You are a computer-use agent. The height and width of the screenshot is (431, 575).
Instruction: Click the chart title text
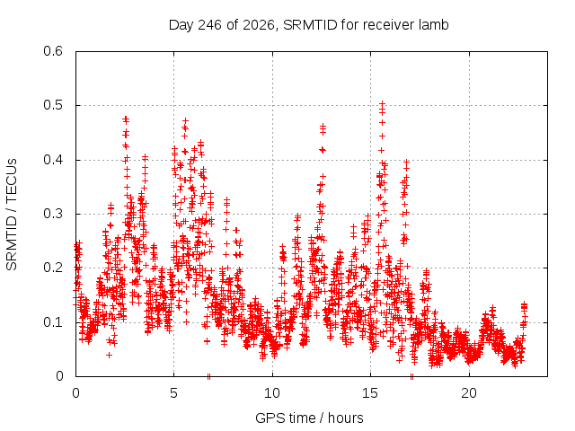coord(308,25)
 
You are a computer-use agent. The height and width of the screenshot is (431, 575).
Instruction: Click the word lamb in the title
coord(434,24)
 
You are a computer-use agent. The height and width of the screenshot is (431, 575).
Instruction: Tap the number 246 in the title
coord(209,25)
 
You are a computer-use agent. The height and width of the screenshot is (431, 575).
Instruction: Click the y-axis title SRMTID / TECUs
coord(12,215)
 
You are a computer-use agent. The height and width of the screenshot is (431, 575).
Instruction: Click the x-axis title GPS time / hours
coord(309,418)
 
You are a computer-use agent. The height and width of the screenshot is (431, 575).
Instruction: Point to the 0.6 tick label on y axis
coord(53,51)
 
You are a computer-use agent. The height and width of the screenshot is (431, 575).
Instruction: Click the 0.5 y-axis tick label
coord(53,105)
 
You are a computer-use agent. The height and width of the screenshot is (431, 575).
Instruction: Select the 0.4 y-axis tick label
coord(53,160)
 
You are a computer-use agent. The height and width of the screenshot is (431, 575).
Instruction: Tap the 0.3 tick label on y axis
coord(53,214)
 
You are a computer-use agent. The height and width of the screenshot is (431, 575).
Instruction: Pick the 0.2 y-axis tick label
coord(53,268)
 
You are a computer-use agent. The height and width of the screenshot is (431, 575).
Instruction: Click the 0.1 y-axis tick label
coord(53,322)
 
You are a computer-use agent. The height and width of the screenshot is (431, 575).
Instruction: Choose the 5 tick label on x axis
coord(173,393)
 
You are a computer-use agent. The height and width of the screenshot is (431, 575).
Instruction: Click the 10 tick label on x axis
coord(272,393)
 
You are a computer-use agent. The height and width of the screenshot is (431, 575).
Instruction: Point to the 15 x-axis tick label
coord(370,393)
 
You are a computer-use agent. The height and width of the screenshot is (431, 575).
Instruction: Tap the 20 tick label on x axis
coord(469,393)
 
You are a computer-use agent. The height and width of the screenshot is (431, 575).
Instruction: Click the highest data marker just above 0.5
coord(382,104)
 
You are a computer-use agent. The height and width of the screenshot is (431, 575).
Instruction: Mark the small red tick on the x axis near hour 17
coord(411,376)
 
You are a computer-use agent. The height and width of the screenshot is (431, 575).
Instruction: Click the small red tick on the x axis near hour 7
coord(208,376)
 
